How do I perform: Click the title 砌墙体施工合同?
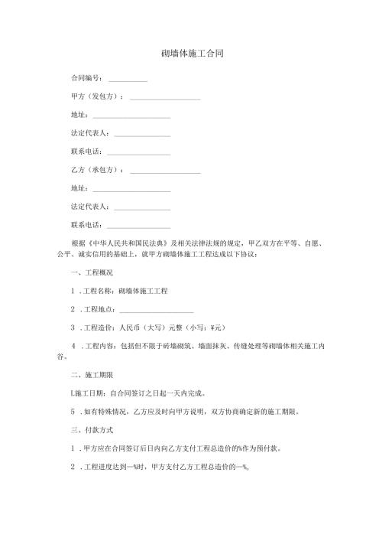point(191,55)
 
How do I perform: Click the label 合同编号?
point(86,80)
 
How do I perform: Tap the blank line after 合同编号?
point(128,80)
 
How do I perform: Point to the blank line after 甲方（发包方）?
point(165,98)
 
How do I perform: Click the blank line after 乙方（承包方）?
point(165,170)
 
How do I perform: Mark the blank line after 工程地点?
point(157,310)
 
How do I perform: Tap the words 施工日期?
point(89,394)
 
